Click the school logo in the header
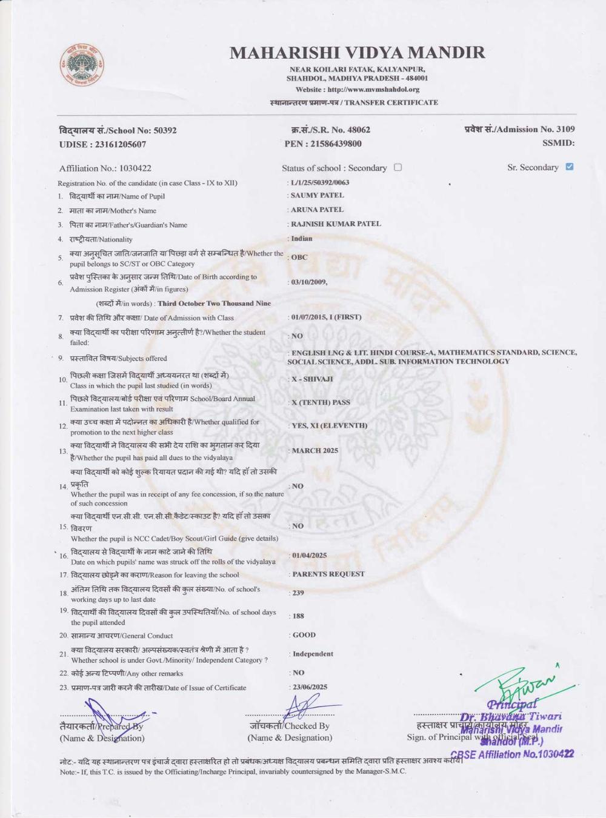(x=81, y=65)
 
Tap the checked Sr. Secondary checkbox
(x=569, y=167)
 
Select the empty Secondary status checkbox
(x=398, y=167)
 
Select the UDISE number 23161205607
(x=102, y=144)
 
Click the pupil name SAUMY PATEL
(x=317, y=195)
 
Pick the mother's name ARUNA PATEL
(x=317, y=210)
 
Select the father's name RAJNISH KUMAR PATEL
(x=336, y=224)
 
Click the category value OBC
(x=299, y=257)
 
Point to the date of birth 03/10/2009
(x=309, y=282)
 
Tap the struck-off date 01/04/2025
(x=309, y=555)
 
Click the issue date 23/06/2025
(x=310, y=687)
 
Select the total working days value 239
(x=298, y=593)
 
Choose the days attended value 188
(x=298, y=616)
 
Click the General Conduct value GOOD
(x=304, y=635)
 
